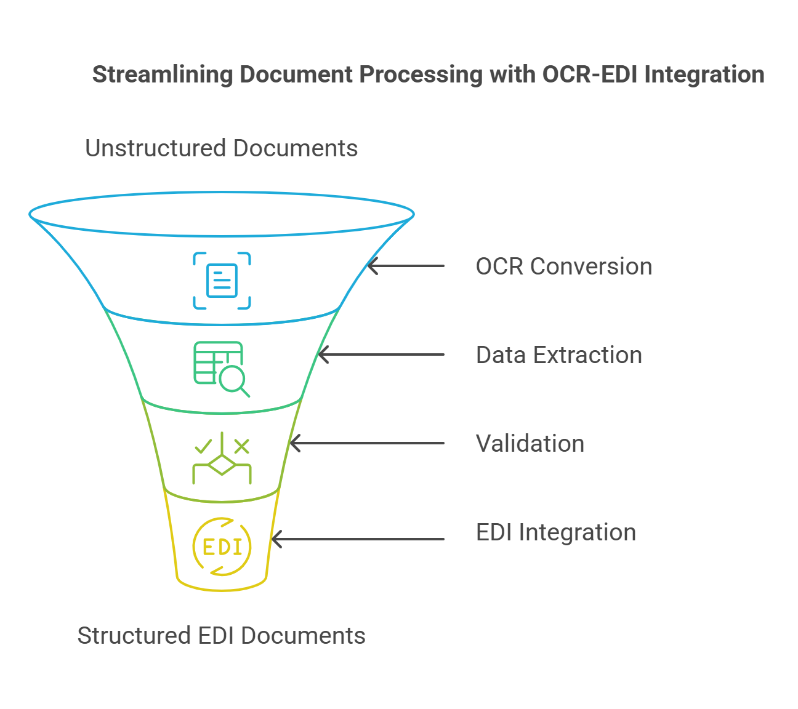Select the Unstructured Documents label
pyautogui.click(x=221, y=148)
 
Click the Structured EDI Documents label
pyautogui.click(x=221, y=636)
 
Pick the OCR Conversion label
pyautogui.click(x=563, y=266)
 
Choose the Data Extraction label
pyautogui.click(x=558, y=355)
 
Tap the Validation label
pyautogui.click(x=530, y=444)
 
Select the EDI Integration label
pyautogui.click(x=555, y=532)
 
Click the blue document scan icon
pyautogui.click(x=222, y=280)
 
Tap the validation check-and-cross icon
pyautogui.click(x=222, y=458)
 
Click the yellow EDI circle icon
pyautogui.click(x=222, y=547)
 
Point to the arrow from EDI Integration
pyautogui.click(x=358, y=539)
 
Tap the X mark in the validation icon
pyautogui.click(x=241, y=446)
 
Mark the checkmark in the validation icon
pyautogui.click(x=202, y=446)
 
